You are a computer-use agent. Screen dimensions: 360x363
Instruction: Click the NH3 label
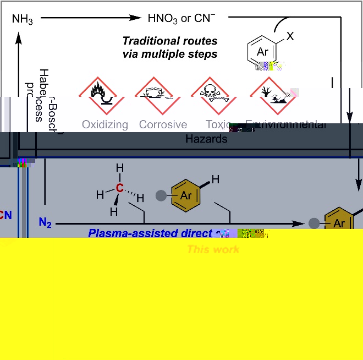click(x=23, y=20)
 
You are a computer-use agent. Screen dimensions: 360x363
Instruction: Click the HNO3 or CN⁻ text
click(x=180, y=18)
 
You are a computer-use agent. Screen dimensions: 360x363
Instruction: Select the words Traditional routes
click(x=169, y=41)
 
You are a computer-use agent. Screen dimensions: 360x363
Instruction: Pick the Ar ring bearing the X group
click(x=264, y=52)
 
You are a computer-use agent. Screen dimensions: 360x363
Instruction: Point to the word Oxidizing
click(x=105, y=124)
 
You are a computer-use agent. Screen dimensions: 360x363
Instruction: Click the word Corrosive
click(x=163, y=124)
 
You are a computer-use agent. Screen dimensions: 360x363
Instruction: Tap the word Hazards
click(x=206, y=139)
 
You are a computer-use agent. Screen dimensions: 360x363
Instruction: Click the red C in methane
click(x=119, y=189)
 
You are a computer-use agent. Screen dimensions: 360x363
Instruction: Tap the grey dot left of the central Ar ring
click(x=161, y=195)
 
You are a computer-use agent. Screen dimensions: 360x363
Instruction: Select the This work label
click(x=213, y=249)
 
